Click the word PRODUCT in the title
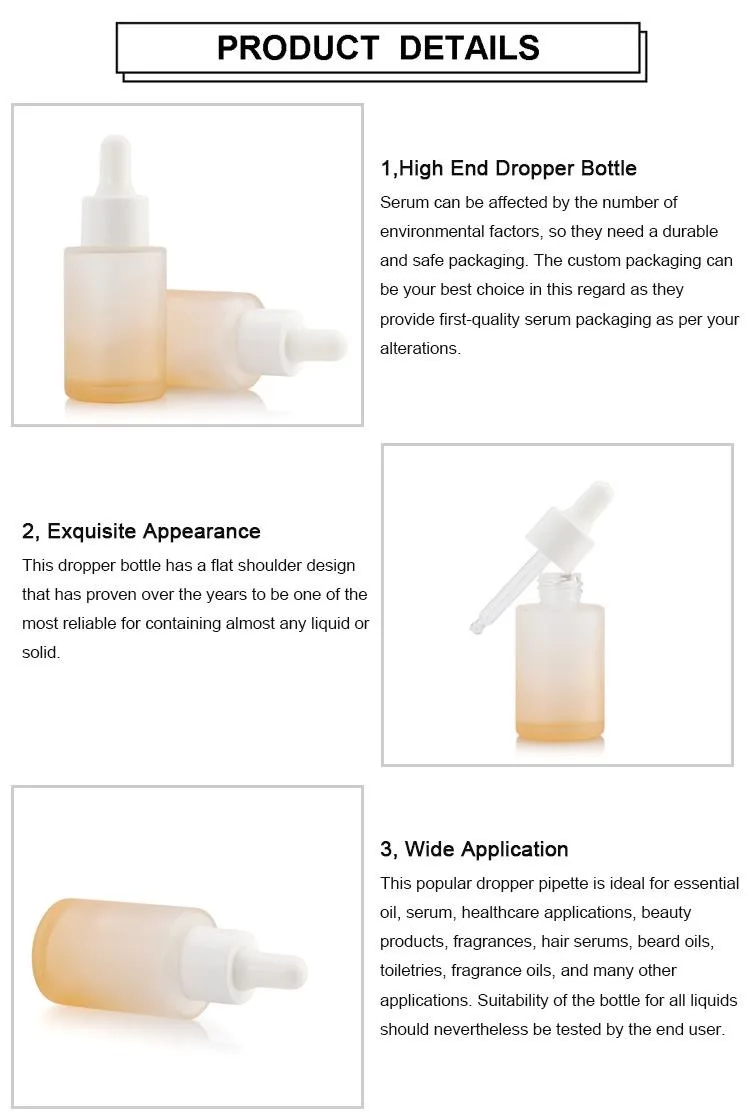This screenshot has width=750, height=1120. pos(298,48)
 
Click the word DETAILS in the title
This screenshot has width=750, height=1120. pos(469,48)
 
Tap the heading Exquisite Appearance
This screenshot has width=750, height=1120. pos(154,531)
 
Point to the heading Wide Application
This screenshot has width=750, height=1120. pos(486,849)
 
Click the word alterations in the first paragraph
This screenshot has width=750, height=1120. pos(419,349)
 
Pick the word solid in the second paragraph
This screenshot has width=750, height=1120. pos(39,652)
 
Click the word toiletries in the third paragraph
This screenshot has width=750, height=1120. pos(411,971)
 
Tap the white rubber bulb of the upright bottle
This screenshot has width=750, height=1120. pos(115,158)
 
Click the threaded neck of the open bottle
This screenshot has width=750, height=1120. pos(560,588)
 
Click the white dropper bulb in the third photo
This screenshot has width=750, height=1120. pos(282,973)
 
